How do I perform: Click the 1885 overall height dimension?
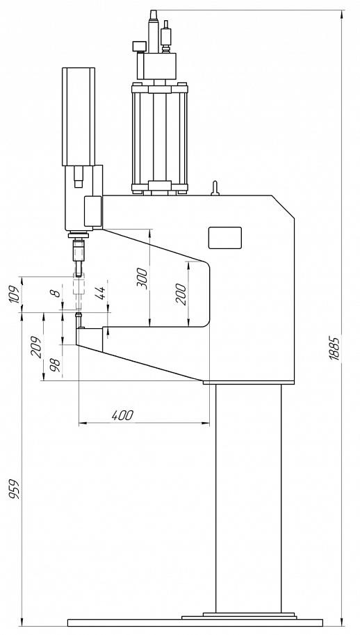pos(334,348)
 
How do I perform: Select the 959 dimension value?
pos(15,489)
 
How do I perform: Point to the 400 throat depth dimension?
pos(122,415)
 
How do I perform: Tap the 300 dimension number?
pos(142,278)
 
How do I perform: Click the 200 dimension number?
pos(181,294)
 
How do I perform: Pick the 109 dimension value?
pos(14,295)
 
